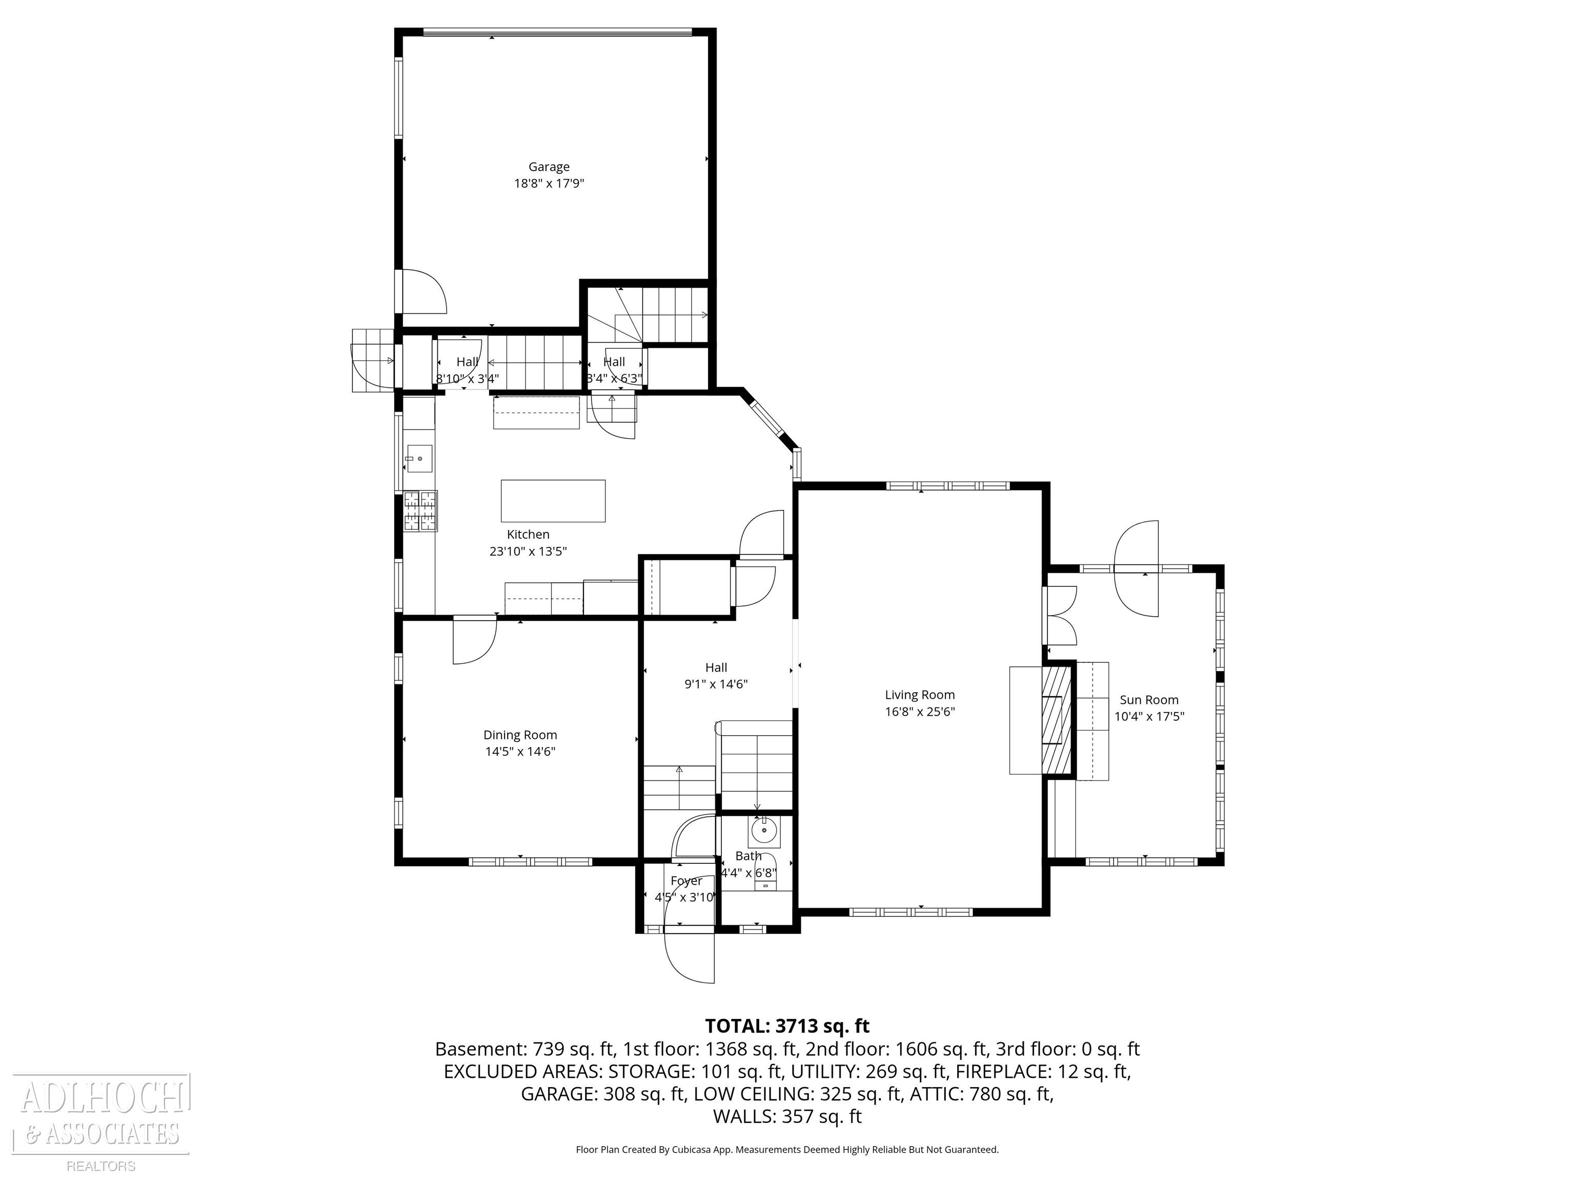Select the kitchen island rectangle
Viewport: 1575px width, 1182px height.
553,501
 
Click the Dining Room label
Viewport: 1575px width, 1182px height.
520,735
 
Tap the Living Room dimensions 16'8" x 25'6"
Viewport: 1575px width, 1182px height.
919,711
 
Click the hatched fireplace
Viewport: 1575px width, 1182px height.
1057,718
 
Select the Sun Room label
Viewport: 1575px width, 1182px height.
1148,700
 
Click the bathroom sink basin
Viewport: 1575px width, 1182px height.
764,831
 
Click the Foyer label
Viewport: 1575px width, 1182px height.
685,881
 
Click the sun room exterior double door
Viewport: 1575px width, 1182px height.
1137,568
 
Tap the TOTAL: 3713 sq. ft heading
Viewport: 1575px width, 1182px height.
787,1026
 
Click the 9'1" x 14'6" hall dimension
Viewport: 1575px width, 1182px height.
716,684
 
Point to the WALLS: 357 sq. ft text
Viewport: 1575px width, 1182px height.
787,1116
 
